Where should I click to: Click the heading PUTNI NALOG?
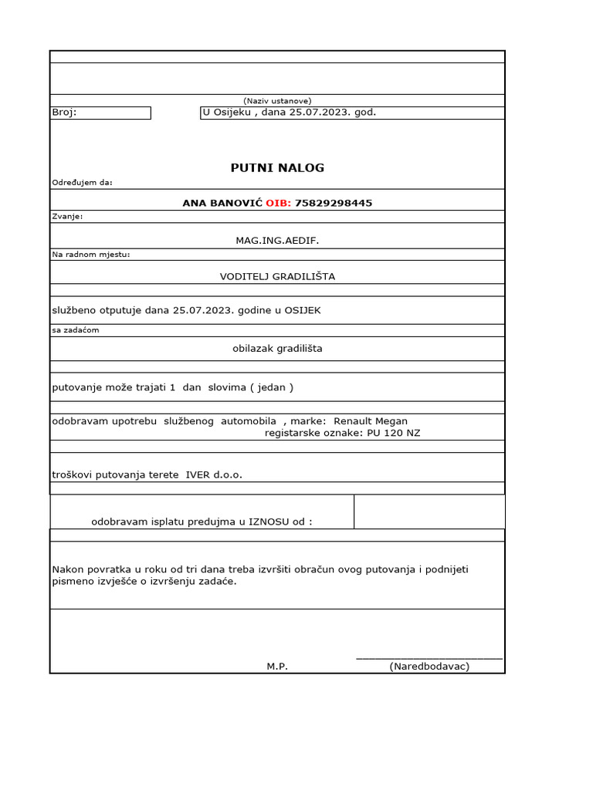pyautogui.click(x=277, y=167)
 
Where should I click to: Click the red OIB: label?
pyautogui.click(x=278, y=204)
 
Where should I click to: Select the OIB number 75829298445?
pyautogui.click(x=334, y=204)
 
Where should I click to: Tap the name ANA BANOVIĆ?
pyautogui.click(x=222, y=204)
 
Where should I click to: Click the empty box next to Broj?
pyautogui.click(x=114, y=113)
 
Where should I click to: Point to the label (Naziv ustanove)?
pyautogui.click(x=277, y=101)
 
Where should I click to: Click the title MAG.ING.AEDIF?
pyautogui.click(x=277, y=241)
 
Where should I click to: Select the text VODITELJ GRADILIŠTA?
pyautogui.click(x=277, y=276)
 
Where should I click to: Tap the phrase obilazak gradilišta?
pyautogui.click(x=277, y=348)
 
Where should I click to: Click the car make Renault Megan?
pyautogui.click(x=371, y=421)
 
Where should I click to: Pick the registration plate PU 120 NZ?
pyautogui.click(x=394, y=433)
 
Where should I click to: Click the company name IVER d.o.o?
pyautogui.click(x=214, y=474)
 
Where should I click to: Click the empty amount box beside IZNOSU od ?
pyautogui.click(x=429, y=511)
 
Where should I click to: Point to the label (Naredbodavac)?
pyautogui.click(x=429, y=666)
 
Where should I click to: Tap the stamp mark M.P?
pyautogui.click(x=277, y=666)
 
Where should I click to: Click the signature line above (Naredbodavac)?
pyautogui.click(x=429, y=657)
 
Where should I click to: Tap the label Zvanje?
pyautogui.click(x=67, y=217)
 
